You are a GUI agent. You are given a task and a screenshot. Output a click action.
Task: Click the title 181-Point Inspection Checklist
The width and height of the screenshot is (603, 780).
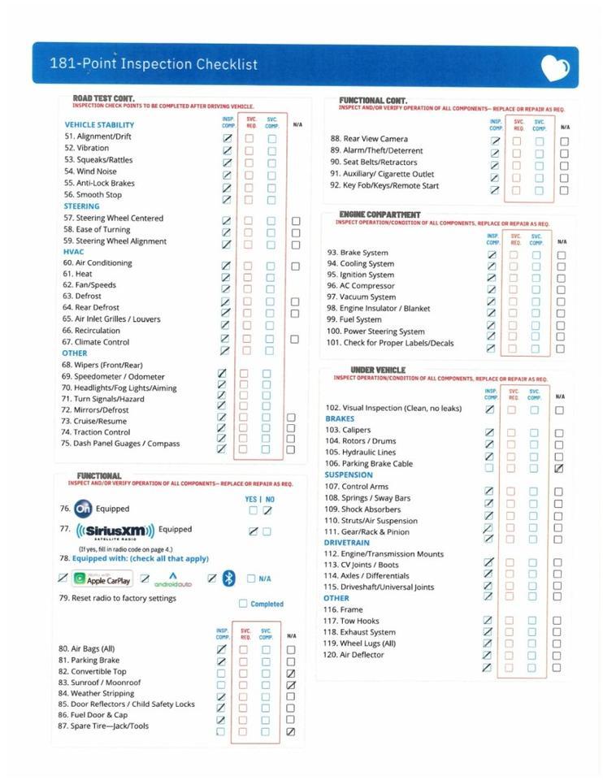pos(154,64)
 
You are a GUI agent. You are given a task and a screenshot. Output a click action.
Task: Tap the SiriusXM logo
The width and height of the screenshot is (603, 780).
pos(115,531)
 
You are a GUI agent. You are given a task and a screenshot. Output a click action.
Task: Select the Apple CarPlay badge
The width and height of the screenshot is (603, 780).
pos(102,579)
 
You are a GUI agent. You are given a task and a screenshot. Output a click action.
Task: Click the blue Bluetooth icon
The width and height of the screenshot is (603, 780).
pos(229,578)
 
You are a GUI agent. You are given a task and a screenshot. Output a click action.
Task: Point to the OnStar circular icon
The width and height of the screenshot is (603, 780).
pos(83,509)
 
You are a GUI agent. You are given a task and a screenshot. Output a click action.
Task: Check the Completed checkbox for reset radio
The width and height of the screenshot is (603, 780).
pos(243,604)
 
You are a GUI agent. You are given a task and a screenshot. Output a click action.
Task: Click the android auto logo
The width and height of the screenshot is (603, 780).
pos(172,579)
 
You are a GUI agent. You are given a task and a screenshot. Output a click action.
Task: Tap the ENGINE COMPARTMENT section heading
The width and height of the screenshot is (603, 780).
pos(380,214)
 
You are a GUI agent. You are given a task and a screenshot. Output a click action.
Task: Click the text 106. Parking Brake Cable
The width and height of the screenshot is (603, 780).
pos(368,464)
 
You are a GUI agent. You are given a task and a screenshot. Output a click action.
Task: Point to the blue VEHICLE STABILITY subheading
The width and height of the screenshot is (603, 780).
pos(99,125)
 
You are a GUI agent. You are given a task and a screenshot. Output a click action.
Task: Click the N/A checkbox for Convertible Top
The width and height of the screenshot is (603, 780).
pos(291,674)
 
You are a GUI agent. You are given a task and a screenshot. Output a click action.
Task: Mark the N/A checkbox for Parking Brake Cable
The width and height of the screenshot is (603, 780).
pos(558,469)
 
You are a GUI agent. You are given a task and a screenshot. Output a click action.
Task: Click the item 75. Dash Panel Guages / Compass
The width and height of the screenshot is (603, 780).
pos(121,444)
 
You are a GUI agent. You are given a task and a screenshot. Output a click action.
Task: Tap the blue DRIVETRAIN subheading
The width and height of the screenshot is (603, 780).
pos(347,543)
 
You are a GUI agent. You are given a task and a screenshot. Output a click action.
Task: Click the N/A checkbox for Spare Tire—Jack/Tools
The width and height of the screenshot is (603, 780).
pos(291,731)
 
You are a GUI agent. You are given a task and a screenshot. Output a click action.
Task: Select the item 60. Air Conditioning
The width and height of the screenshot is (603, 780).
pos(98,263)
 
